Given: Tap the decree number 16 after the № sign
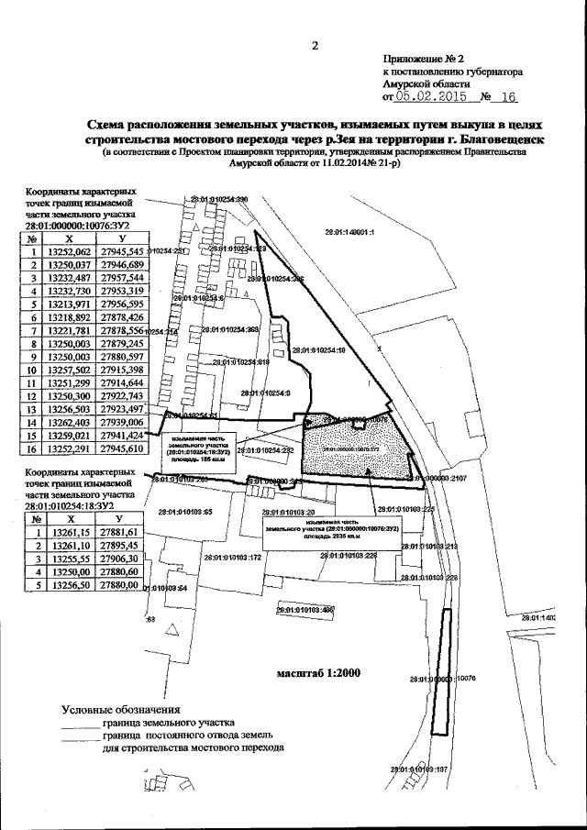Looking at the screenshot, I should pyautogui.click(x=510, y=96).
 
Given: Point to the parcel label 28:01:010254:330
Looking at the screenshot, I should pyautogui.click(x=218, y=199).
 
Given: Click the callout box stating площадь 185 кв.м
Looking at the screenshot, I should pyautogui.click(x=197, y=452).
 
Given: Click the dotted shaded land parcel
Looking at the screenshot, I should pyautogui.click(x=358, y=449).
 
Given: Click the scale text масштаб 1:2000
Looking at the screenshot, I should pyautogui.click(x=318, y=672).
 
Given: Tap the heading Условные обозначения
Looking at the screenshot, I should pyautogui.click(x=120, y=709).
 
